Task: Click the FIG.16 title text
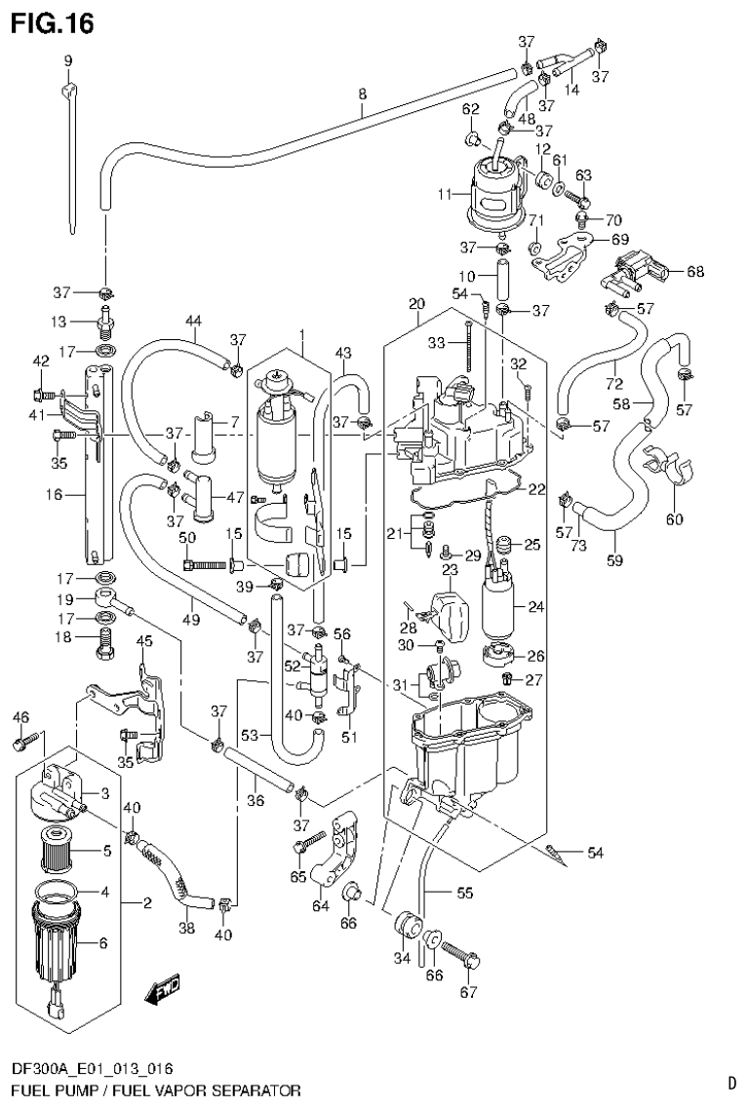pyautogui.click(x=54, y=23)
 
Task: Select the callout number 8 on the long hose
pyautogui.click(x=362, y=95)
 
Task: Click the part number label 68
pyautogui.click(x=694, y=271)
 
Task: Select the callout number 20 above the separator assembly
pyautogui.click(x=417, y=305)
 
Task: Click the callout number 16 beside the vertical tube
pyautogui.click(x=54, y=495)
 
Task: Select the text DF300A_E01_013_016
pyautogui.click(x=94, y=1069)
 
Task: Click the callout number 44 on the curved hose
pyautogui.click(x=193, y=321)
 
